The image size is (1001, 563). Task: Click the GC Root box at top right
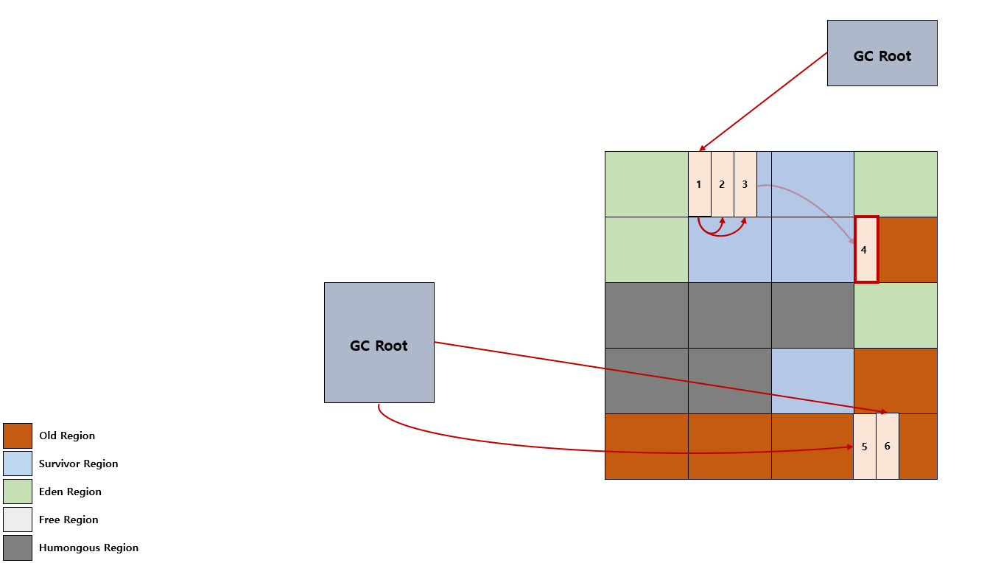(x=882, y=53)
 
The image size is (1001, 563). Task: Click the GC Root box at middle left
(x=379, y=343)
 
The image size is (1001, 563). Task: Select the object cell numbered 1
(x=699, y=184)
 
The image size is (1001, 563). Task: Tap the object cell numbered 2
(x=722, y=184)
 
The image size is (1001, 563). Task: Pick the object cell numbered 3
(x=745, y=184)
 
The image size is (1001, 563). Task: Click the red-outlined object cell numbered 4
(x=866, y=250)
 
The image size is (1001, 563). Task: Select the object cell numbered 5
(x=864, y=447)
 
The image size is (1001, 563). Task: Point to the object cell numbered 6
(x=888, y=447)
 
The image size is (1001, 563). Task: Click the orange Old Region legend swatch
(x=18, y=436)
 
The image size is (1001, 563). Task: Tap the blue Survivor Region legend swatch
(x=18, y=464)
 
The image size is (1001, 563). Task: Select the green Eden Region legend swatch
(x=18, y=492)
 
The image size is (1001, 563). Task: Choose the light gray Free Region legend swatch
(x=18, y=520)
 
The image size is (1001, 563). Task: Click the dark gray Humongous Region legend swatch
(x=18, y=548)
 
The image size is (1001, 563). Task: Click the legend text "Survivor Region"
(x=79, y=464)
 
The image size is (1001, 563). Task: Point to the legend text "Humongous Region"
(x=88, y=548)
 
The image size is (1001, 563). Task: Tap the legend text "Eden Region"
(x=70, y=492)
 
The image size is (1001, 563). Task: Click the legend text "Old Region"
(x=67, y=436)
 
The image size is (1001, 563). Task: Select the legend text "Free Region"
(x=69, y=520)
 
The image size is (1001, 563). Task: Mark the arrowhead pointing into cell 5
(x=850, y=447)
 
